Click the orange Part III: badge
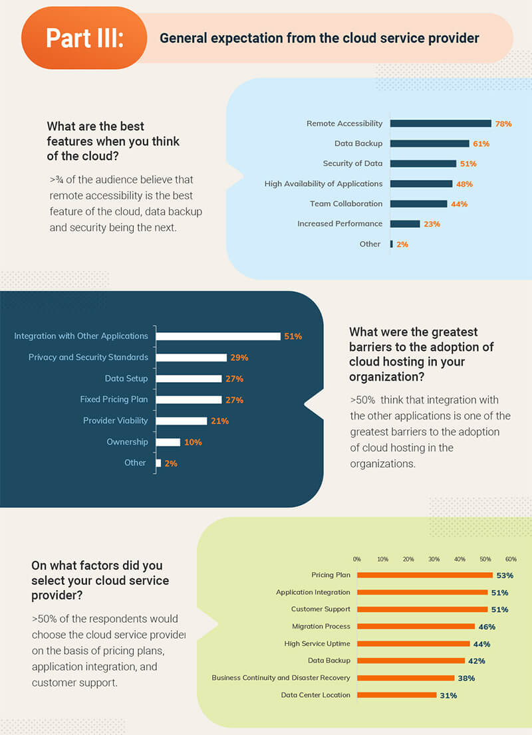click(84, 38)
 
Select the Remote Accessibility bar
click(440, 124)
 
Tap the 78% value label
click(503, 124)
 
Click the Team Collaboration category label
click(346, 203)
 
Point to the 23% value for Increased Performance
click(432, 224)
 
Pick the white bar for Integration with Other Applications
click(218, 336)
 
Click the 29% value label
click(239, 358)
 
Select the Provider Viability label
click(115, 421)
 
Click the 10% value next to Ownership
click(194, 442)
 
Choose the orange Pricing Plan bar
click(425, 576)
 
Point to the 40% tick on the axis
click(460, 559)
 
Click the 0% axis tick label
click(357, 559)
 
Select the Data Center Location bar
click(397, 695)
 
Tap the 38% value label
click(467, 678)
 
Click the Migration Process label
click(321, 626)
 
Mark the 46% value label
click(487, 627)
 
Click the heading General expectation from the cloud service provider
click(319, 38)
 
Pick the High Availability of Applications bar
click(421, 183)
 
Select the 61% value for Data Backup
click(481, 144)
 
